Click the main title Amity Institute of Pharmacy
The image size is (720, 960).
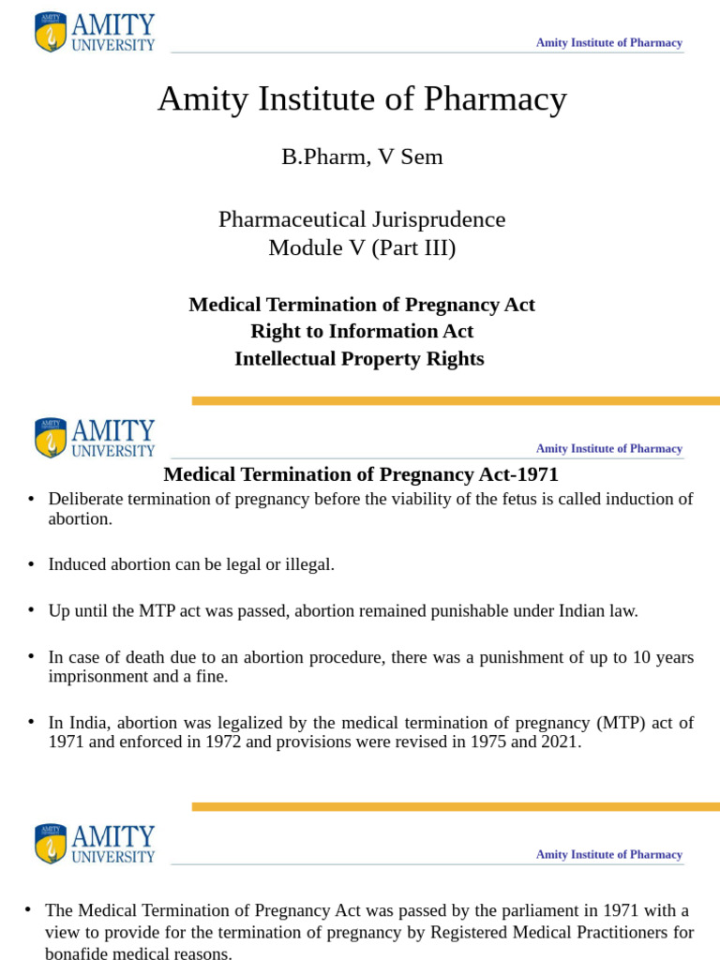tap(362, 99)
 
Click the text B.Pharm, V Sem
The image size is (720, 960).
tap(362, 157)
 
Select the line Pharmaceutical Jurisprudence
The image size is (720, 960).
tap(362, 219)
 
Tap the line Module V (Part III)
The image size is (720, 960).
tap(362, 248)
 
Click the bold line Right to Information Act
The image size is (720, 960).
tap(362, 331)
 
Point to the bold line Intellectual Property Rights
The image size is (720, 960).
tap(359, 358)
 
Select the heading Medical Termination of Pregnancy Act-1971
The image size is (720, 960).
tap(361, 474)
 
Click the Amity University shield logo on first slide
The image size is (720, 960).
tap(51, 32)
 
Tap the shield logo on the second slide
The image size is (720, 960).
tap(51, 439)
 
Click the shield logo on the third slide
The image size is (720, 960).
tap(51, 844)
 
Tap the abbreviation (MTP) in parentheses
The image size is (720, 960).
tap(611, 723)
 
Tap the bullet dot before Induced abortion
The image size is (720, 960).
tap(31, 564)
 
